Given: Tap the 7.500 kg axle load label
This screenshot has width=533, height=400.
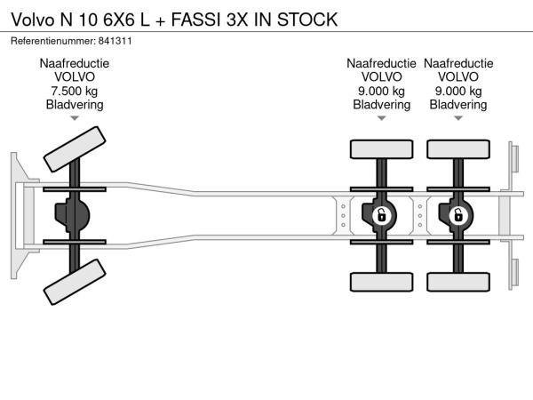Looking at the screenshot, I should point(75,91).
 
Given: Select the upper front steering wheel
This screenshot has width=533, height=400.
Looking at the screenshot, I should point(75,148).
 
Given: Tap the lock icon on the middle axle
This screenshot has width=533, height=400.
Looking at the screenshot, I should point(381,215).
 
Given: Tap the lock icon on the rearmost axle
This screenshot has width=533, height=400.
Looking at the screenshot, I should point(458,215).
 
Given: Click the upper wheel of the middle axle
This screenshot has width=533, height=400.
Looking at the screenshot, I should point(381,149).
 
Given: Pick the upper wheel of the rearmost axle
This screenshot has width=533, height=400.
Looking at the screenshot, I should point(458,149).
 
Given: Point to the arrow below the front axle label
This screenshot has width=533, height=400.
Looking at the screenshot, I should point(75,118).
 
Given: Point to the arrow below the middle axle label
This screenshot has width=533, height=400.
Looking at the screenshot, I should point(381,118).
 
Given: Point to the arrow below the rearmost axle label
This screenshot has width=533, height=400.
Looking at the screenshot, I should point(458,118).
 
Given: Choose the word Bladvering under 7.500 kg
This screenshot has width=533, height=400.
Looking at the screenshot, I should point(75,104).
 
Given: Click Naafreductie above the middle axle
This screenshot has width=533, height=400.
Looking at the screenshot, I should point(381,63).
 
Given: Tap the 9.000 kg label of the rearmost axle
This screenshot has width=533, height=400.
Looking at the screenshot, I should point(458,91).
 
